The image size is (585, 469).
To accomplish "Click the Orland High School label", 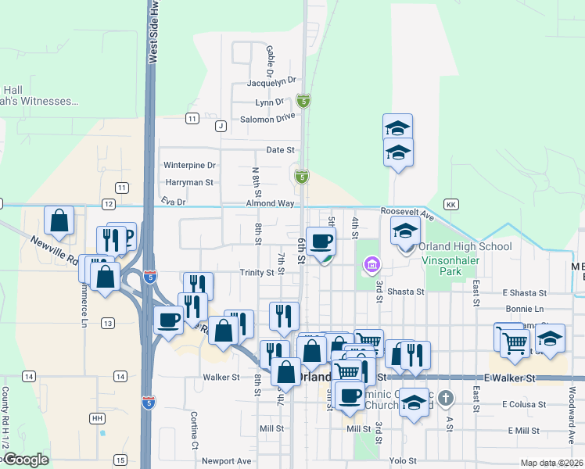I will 468,247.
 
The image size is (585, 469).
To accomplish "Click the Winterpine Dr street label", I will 188,166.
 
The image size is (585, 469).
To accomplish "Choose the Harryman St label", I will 188,183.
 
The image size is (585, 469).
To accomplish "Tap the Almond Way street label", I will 270,203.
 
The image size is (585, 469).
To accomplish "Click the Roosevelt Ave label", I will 407,212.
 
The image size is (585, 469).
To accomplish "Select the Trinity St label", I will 257,273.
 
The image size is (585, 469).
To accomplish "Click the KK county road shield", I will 450,204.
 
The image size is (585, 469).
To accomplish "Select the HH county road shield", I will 97,419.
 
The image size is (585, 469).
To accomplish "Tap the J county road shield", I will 221,126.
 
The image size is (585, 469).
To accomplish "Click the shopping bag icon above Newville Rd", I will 59,221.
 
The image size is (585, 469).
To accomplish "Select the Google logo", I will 26,460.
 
